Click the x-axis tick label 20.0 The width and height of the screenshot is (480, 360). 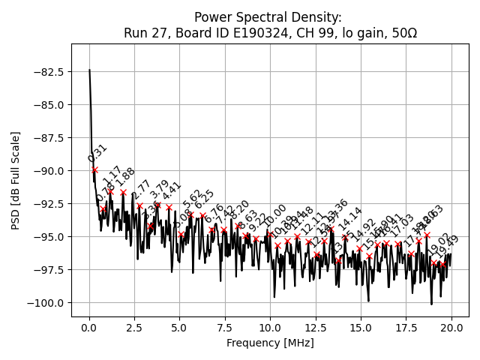pos(451,328)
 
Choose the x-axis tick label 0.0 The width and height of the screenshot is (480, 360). pos(89,328)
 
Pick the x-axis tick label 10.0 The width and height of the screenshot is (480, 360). pos(270,328)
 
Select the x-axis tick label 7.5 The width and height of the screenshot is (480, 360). pos(225,328)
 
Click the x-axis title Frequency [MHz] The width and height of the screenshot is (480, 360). pos(270,343)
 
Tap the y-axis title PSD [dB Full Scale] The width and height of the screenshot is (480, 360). pos(15,180)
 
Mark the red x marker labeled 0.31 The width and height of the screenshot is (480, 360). pos(94,170)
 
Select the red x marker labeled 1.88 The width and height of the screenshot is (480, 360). pos(123,192)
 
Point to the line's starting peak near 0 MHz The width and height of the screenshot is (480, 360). pos(89,70)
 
